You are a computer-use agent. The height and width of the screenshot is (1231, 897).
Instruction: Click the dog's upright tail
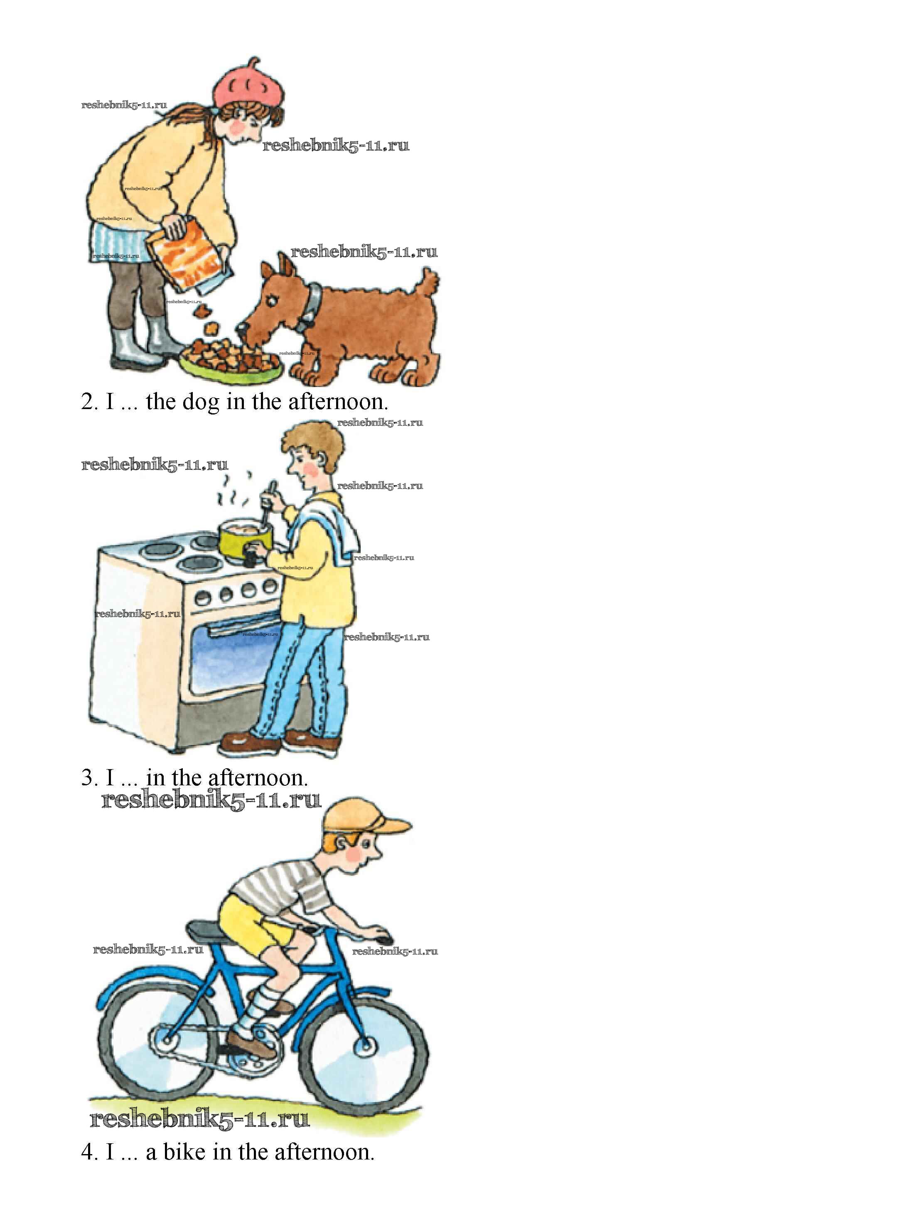pos(428,284)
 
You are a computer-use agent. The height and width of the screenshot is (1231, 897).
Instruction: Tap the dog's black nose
pos(241,328)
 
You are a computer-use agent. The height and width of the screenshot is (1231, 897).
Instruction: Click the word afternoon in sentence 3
pos(255,778)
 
